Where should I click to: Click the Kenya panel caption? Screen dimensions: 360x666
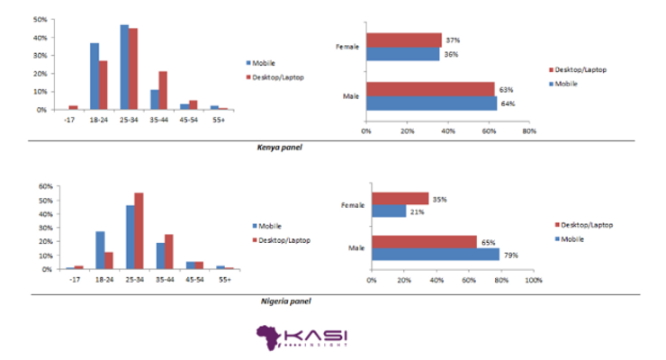[x=279, y=147]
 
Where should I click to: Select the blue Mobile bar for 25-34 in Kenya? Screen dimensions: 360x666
[x=124, y=67]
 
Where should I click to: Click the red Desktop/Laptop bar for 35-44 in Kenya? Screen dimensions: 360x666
[x=163, y=90]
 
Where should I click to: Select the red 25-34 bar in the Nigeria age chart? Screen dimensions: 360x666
[x=139, y=230]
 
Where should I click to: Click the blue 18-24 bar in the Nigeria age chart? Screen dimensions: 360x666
[x=100, y=249]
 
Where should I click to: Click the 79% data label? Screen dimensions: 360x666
[x=509, y=255]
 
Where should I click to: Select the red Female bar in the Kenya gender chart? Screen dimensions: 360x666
[x=403, y=40]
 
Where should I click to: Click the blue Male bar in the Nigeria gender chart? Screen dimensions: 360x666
[x=436, y=255]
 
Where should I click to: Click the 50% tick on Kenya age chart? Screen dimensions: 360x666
[x=40, y=19]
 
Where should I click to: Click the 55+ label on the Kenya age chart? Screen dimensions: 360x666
[x=219, y=120]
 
